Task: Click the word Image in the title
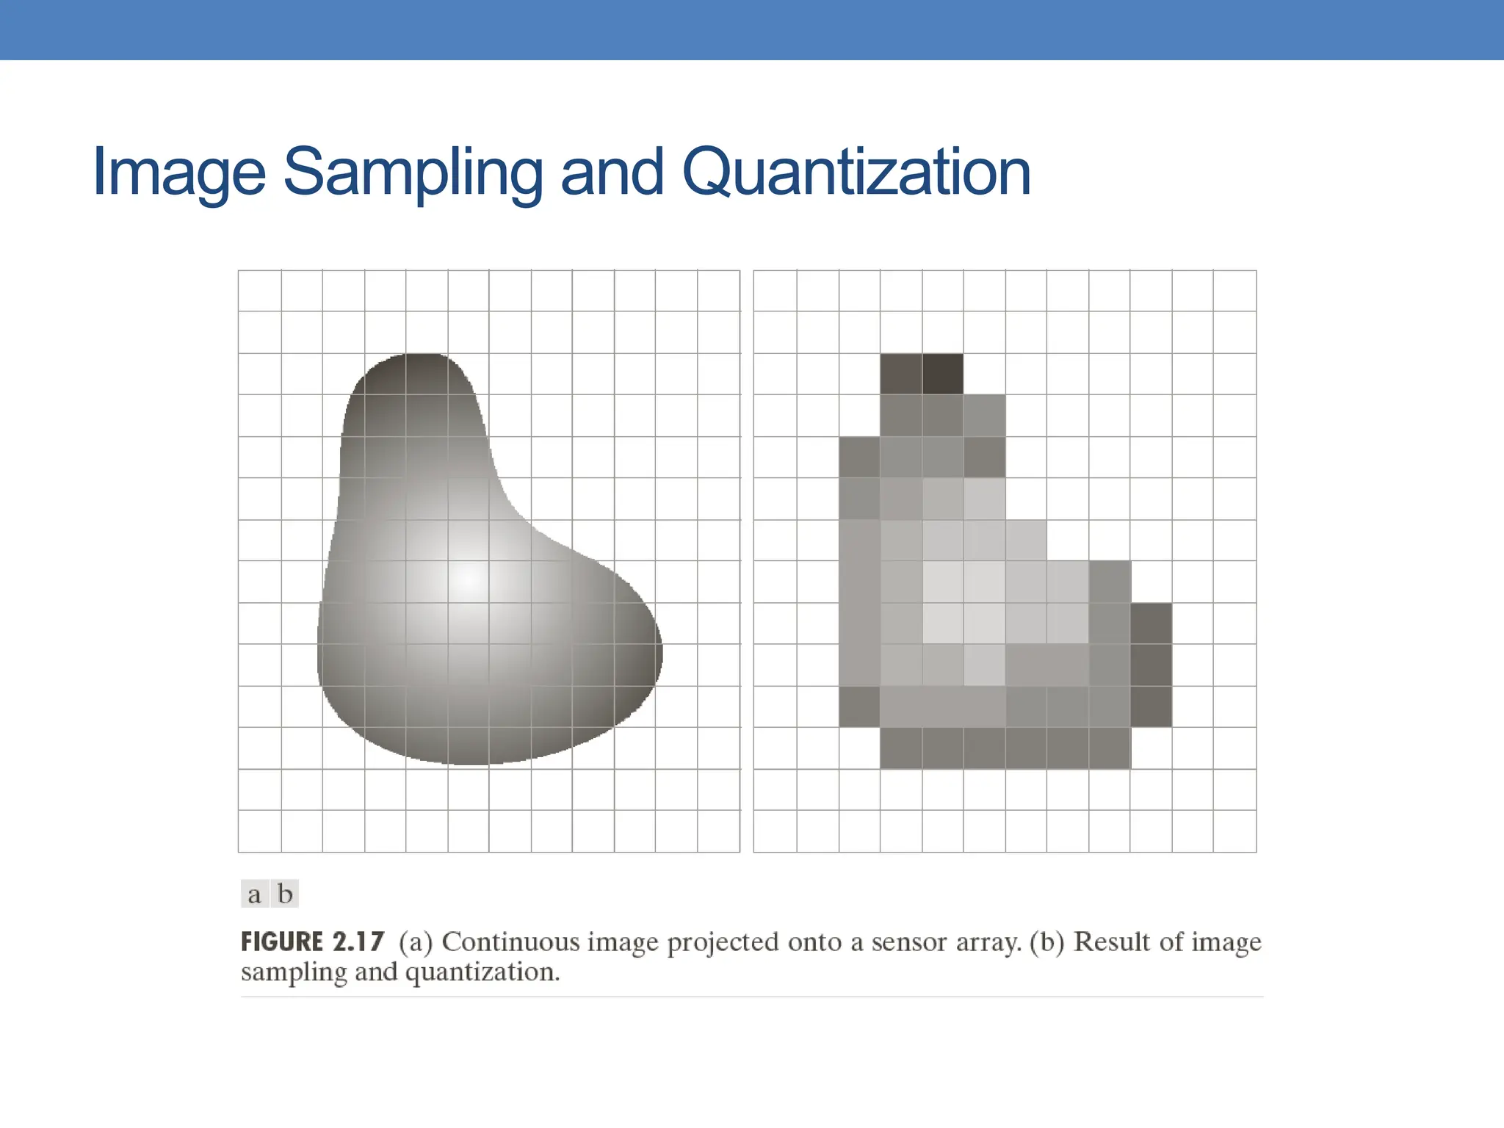pyautogui.click(x=178, y=173)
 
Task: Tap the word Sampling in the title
pyautogui.click(x=412, y=173)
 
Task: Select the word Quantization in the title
pyautogui.click(x=856, y=173)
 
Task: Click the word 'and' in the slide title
pyautogui.click(x=612, y=173)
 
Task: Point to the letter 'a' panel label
pyautogui.click(x=254, y=894)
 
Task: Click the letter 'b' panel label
pyautogui.click(x=285, y=894)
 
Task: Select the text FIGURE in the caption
pyautogui.click(x=282, y=942)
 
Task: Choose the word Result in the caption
pyautogui.click(x=1112, y=942)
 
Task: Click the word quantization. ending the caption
pyautogui.click(x=482, y=973)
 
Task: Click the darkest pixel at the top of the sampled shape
pyautogui.click(x=943, y=374)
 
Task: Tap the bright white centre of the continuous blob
pyautogui.click(x=468, y=580)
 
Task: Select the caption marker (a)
pyautogui.click(x=416, y=942)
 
